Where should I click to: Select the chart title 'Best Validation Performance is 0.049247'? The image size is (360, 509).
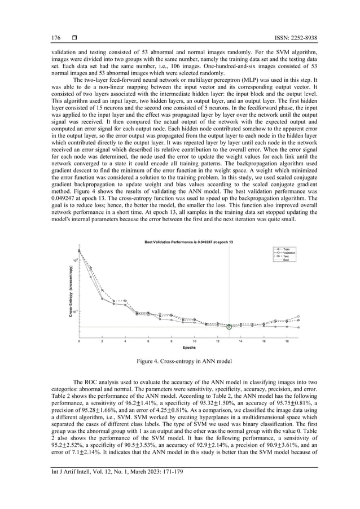[x=188, y=242]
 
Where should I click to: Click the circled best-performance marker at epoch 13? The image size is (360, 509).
[x=229, y=327]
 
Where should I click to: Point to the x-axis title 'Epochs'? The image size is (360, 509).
[x=188, y=348]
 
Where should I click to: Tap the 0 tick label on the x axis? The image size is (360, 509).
[x=79, y=341]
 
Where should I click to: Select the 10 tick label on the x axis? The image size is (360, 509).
[x=195, y=341]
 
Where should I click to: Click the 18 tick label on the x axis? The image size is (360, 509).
[x=287, y=341]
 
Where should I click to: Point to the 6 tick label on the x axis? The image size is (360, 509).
[x=148, y=341]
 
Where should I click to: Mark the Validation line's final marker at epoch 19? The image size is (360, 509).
[x=298, y=317]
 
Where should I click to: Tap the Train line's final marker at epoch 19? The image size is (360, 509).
[x=298, y=327]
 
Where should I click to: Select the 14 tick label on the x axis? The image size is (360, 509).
[x=240, y=341]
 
